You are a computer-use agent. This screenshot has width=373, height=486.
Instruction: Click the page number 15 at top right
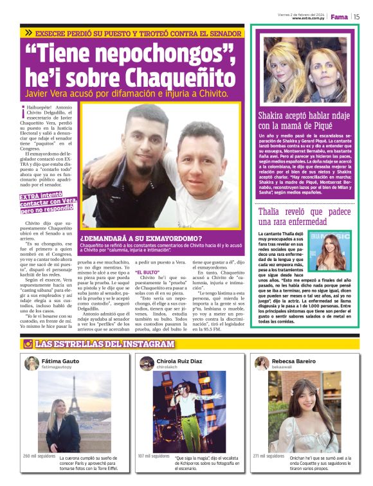(x=356, y=17)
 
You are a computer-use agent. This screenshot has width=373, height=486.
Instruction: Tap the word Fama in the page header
(x=340, y=17)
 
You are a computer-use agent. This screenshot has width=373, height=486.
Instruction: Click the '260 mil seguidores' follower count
(x=39, y=456)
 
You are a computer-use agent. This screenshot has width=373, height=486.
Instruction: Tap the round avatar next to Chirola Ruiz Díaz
(x=147, y=363)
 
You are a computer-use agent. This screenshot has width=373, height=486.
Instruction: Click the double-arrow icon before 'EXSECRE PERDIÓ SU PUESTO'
(x=28, y=32)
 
